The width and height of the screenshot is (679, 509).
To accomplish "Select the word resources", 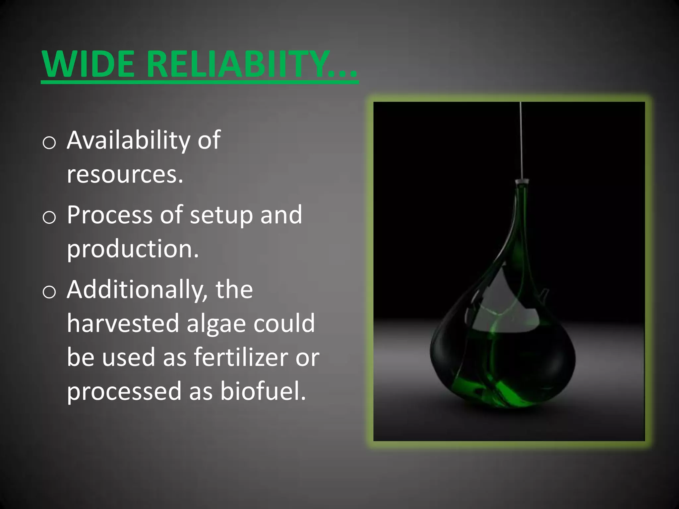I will click(x=125, y=174).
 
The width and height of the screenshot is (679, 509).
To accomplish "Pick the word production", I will click(x=133, y=249).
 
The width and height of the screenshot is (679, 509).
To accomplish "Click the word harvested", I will click(x=123, y=323).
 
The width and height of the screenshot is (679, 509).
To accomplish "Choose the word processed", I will click(x=124, y=392).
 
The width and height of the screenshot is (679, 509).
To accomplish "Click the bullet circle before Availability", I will click(x=49, y=143).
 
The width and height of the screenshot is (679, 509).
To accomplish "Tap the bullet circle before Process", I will click(x=49, y=218).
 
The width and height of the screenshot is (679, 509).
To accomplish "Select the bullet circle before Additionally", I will click(x=49, y=292).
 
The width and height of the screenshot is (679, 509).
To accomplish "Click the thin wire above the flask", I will click(x=521, y=139).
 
